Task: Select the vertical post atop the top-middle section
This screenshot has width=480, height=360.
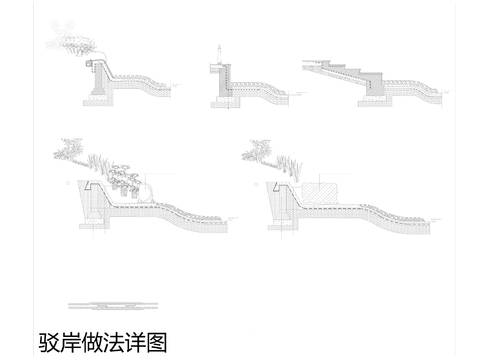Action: point(217,51)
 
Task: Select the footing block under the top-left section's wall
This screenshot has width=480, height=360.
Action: point(100,87)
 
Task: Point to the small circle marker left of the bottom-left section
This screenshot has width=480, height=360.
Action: point(67,185)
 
